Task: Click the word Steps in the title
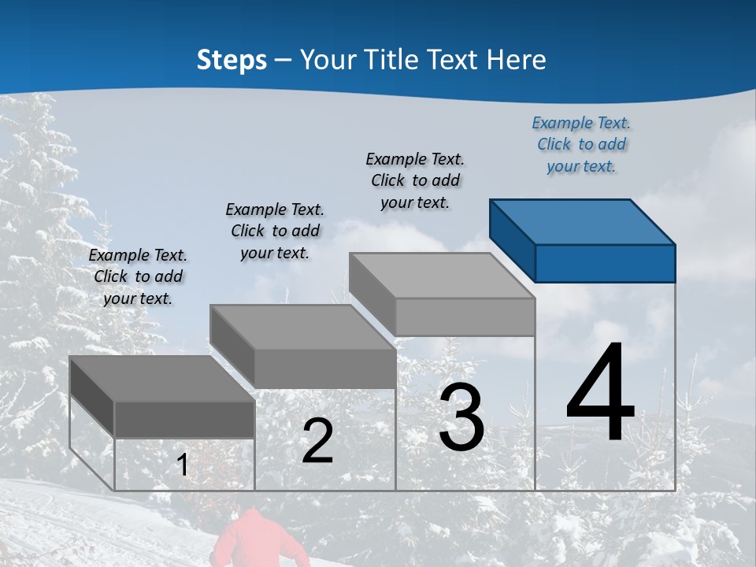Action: pos(232,60)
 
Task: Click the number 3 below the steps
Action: pos(461,418)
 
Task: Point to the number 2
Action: pos(317,441)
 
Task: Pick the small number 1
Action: pos(183,465)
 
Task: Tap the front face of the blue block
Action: pos(605,263)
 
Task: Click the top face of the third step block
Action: pos(441,276)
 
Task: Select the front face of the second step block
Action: pos(324,369)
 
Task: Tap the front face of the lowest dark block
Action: pos(184,419)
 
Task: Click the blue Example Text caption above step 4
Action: pos(581,144)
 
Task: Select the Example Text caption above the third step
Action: pos(415,180)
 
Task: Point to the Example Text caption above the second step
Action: pos(275,231)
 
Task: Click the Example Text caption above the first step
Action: pos(138,276)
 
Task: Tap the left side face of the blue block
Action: pos(512,236)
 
